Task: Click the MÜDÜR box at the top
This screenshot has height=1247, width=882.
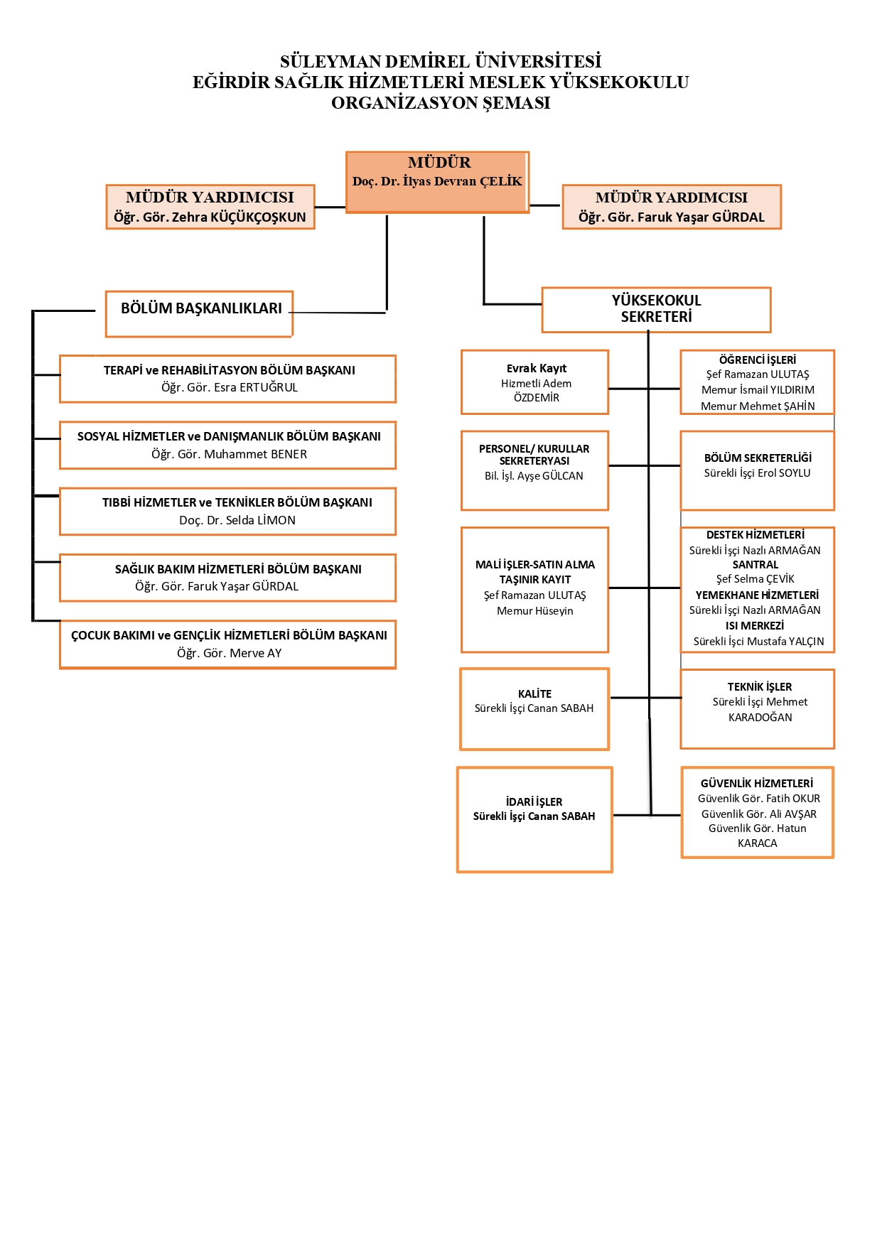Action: click(x=438, y=182)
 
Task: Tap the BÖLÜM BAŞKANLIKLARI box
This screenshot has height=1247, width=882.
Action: click(x=201, y=308)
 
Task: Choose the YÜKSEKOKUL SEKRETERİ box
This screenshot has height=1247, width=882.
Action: click(x=656, y=309)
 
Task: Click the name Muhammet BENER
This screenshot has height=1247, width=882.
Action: click(x=256, y=455)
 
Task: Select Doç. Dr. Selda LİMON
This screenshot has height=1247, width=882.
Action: click(x=237, y=521)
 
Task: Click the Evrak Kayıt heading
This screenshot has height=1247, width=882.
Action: click(x=537, y=368)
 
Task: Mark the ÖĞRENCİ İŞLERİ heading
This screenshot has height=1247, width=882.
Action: click(x=758, y=360)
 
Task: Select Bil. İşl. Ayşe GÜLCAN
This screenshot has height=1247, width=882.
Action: click(x=534, y=476)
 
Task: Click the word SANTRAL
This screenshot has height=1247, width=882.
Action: click(x=755, y=565)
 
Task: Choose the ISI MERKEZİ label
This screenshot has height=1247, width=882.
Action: click(x=755, y=626)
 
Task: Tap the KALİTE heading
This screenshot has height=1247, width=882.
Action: click(x=534, y=694)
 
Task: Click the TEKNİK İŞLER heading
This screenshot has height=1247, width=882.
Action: click(x=759, y=687)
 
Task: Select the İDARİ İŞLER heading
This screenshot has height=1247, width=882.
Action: click(x=534, y=802)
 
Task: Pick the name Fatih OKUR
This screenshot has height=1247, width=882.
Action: click(x=793, y=799)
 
